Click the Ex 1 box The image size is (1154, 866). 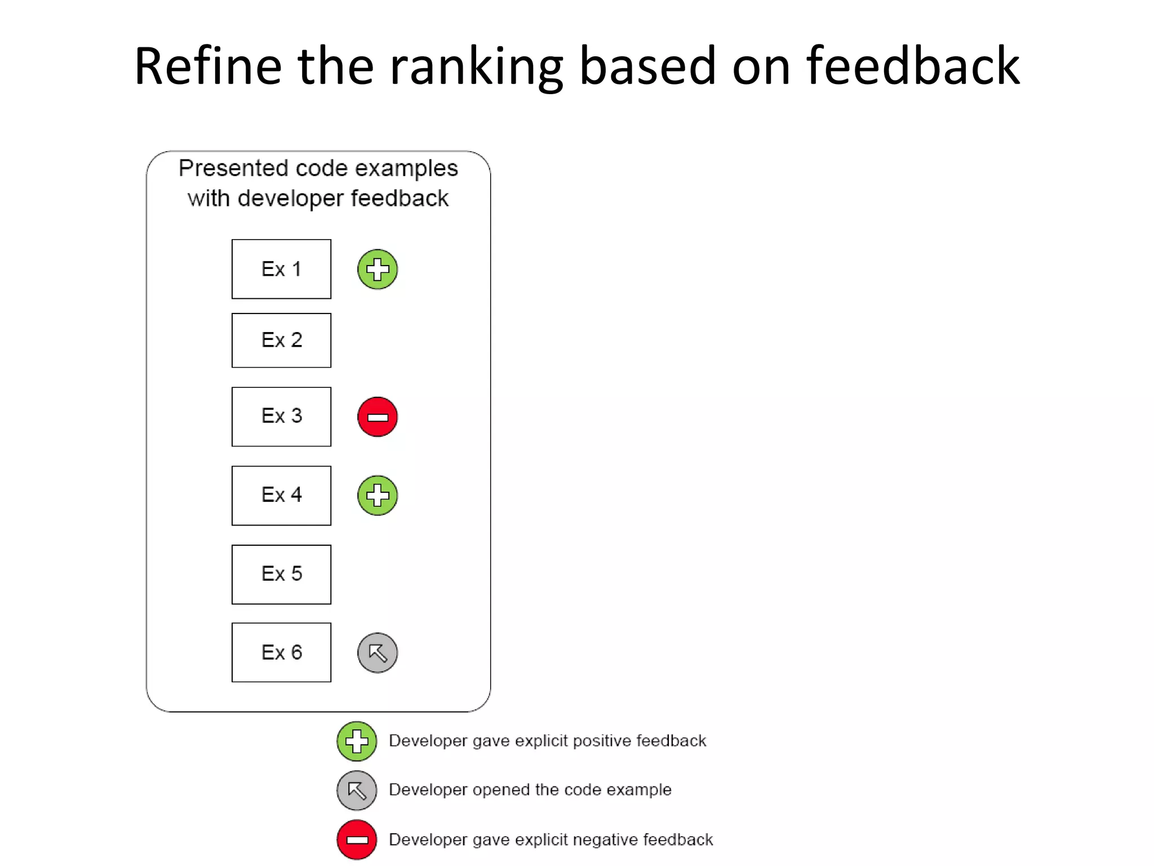coord(281,269)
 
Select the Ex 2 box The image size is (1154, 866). coord(281,340)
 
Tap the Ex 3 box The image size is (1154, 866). coord(281,416)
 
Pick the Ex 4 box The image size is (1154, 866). coord(281,495)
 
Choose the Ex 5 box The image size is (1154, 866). coord(281,574)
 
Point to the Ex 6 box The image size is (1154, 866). coord(281,652)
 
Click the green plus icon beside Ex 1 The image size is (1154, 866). coord(378,269)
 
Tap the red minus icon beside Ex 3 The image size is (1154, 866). coord(378,417)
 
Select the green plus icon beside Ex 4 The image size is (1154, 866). coord(378,496)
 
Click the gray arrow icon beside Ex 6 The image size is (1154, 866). coord(378,653)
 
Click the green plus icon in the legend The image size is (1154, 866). coord(357,741)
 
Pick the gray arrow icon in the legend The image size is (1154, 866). coord(357,790)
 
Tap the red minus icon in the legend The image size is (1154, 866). coord(357,840)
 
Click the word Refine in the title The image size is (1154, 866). coord(207,66)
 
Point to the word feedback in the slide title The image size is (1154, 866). coord(913,66)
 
